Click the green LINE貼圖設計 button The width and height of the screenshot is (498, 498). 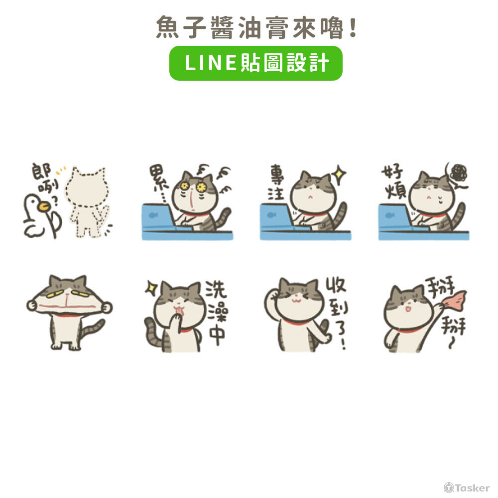click(x=255, y=63)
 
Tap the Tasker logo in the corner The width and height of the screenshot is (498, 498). click(x=467, y=488)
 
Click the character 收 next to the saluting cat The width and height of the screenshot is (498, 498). click(x=336, y=288)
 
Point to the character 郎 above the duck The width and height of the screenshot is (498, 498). click(x=41, y=172)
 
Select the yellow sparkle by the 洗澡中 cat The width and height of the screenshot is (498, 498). click(x=150, y=287)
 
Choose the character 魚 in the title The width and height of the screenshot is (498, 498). click(x=166, y=27)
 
